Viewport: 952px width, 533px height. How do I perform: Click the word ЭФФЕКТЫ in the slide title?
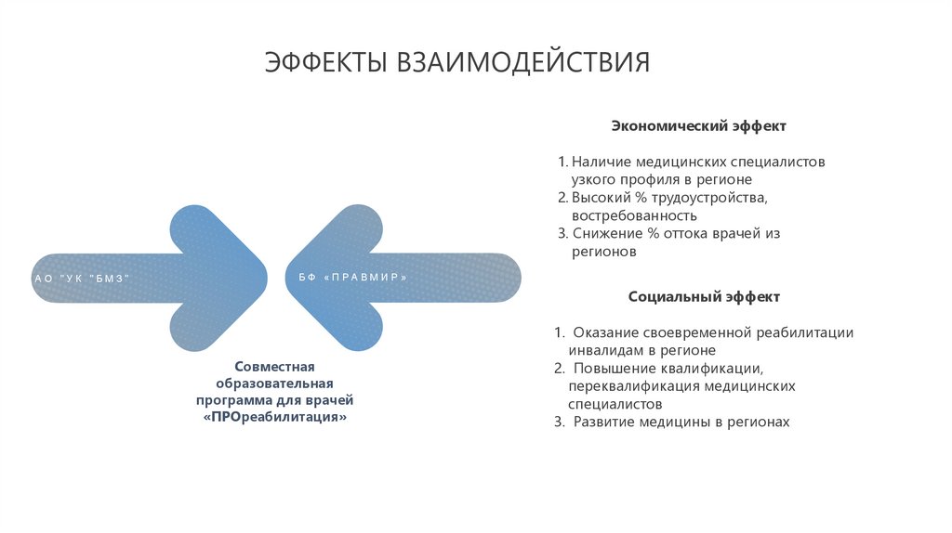pos(326,62)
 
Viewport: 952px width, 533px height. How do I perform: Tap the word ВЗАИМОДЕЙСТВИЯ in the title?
pos(523,62)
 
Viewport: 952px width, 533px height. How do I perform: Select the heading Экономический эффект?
pos(698,125)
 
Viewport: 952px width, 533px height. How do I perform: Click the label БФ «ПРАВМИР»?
pos(353,278)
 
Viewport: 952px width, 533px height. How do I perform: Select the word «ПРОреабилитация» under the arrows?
pos(275,418)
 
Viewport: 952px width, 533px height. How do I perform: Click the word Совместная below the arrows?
pos(275,367)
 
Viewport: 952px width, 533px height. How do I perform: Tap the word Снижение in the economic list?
pos(603,234)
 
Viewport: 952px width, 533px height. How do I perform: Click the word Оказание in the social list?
pos(604,332)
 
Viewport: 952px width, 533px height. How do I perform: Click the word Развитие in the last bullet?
pos(603,422)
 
